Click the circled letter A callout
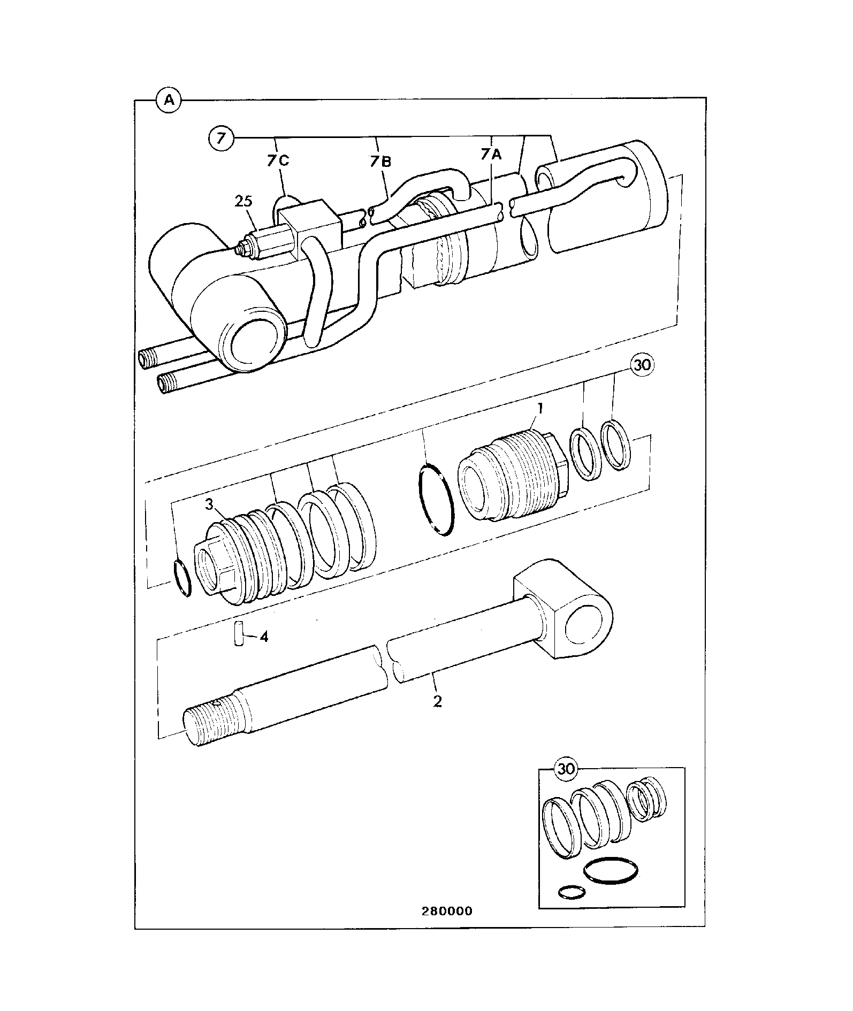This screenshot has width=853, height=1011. pyautogui.click(x=169, y=100)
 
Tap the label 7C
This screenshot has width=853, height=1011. pyautogui.click(x=278, y=160)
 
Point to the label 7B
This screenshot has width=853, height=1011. pyautogui.click(x=380, y=160)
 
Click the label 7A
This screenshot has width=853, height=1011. pyautogui.click(x=491, y=155)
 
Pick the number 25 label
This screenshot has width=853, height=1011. pyautogui.click(x=243, y=202)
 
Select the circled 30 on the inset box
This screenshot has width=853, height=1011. pyautogui.click(x=566, y=769)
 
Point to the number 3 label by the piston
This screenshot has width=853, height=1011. pyautogui.click(x=210, y=504)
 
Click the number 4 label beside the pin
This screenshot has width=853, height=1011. pyautogui.click(x=264, y=637)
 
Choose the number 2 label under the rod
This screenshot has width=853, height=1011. pyautogui.click(x=438, y=701)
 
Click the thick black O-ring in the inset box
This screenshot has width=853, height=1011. pyautogui.click(x=610, y=871)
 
